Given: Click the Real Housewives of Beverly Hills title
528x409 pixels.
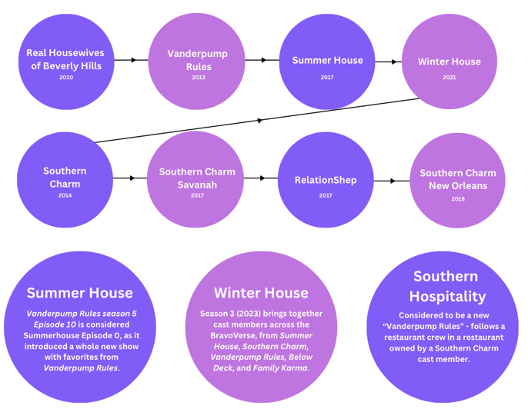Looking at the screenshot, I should point(65,59).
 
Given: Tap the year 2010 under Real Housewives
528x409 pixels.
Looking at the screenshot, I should point(65,77).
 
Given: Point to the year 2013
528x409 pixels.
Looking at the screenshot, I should point(199,77).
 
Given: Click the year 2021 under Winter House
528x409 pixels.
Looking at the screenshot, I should point(449,77).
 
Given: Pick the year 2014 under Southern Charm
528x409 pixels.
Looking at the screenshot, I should point(65,195).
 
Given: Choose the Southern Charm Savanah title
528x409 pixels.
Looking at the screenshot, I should point(197,178).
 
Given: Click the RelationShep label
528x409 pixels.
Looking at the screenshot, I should point(326,180).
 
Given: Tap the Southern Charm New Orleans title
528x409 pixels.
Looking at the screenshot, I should point(457,179).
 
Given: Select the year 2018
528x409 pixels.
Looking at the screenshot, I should point(458,198).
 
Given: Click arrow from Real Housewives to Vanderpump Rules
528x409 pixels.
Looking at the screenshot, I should point(131,59).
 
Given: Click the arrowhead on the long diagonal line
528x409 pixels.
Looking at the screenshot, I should point(259,121).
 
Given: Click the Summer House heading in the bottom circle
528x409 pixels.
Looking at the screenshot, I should point(79,292).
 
